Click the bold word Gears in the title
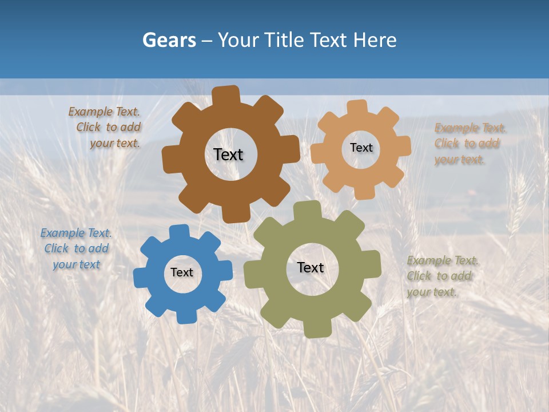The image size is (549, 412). pyautogui.click(x=169, y=40)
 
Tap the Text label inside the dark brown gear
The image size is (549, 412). pyautogui.click(x=228, y=154)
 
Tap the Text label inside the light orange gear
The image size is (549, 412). pyautogui.click(x=361, y=148)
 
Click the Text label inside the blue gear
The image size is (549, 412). pyautogui.click(x=182, y=273)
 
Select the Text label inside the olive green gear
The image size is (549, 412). pyautogui.click(x=311, y=268)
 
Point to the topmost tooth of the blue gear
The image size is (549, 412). pyautogui.click(x=179, y=232)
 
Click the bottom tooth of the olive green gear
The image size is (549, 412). pyautogui.click(x=316, y=329)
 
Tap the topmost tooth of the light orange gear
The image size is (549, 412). pyautogui.click(x=357, y=107)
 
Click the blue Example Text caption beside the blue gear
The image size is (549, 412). pyautogui.click(x=76, y=249)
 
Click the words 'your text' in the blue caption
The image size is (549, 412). pyautogui.click(x=76, y=265)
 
